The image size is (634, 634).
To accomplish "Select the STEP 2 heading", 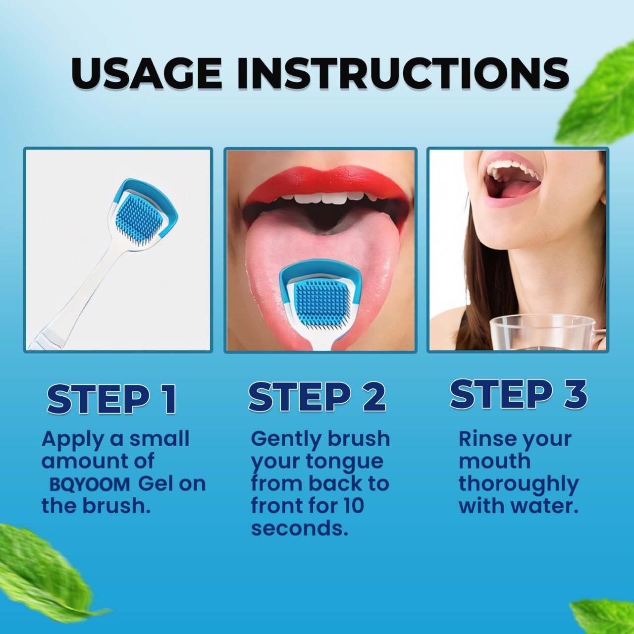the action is coord(317,397).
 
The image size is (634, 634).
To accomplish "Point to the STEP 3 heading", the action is coord(518,394).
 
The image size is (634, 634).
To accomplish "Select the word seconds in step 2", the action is coord(299,528).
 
